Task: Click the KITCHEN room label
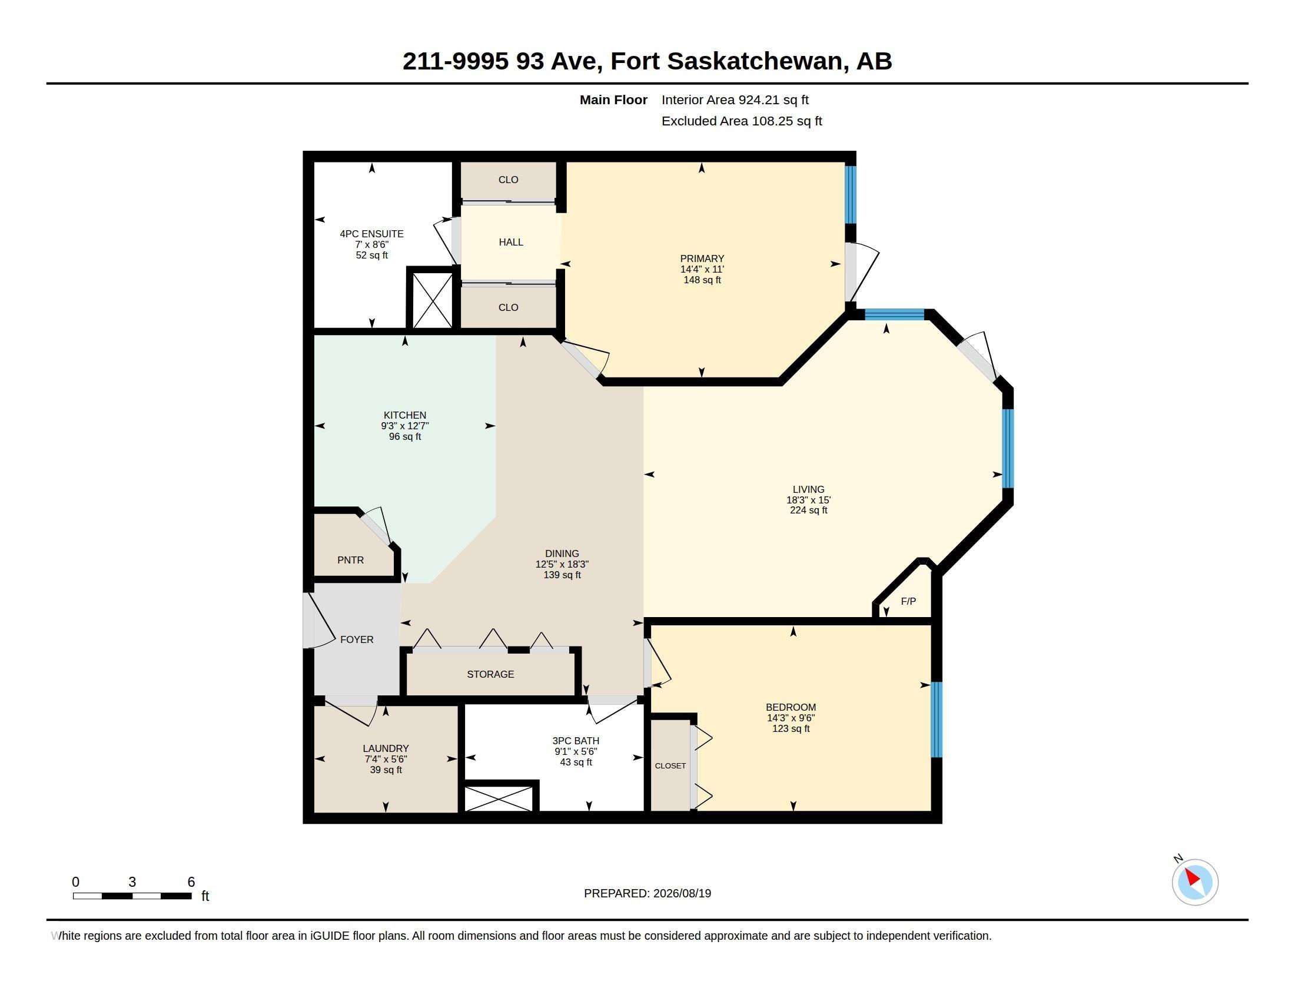[404, 415]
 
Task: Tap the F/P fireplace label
[908, 601]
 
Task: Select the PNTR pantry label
[350, 560]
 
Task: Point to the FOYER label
[356, 639]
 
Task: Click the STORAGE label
[490, 674]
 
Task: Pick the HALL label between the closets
[510, 242]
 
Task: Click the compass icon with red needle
[1195, 882]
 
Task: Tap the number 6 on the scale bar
[191, 882]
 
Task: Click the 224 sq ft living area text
[808, 510]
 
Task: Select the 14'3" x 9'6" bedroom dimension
[791, 718]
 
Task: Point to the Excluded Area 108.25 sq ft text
[742, 121]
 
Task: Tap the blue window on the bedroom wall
[937, 720]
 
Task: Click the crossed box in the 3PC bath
[499, 798]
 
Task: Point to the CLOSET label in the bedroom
[670, 765]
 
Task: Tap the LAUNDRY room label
[386, 748]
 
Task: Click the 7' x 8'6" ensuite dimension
[372, 244]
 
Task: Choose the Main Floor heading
[613, 100]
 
